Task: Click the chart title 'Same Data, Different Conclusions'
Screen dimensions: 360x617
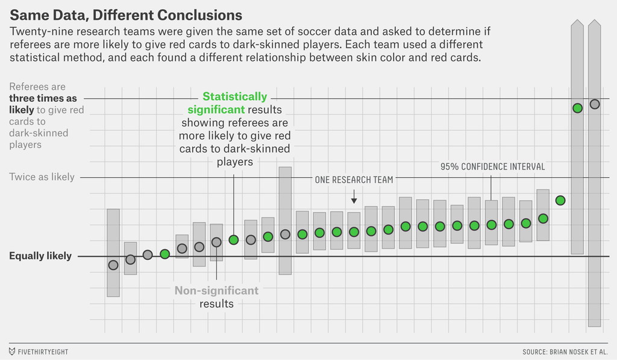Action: pyautogui.click(x=126, y=14)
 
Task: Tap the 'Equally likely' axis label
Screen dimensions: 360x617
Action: pyautogui.click(x=40, y=256)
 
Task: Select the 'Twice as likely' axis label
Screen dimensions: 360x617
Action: pyautogui.click(x=42, y=177)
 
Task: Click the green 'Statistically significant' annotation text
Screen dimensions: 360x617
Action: pyautogui.click(x=234, y=103)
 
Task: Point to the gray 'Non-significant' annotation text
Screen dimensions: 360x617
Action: pyautogui.click(x=216, y=291)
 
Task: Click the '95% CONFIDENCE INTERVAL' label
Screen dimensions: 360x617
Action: pyautogui.click(x=492, y=166)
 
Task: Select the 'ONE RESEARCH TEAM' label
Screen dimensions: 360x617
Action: pyautogui.click(x=354, y=180)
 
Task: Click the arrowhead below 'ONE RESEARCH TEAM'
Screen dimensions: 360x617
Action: pyautogui.click(x=354, y=200)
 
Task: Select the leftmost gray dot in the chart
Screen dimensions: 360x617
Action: pyautogui.click(x=113, y=265)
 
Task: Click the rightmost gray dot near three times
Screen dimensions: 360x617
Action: pyautogui.click(x=595, y=104)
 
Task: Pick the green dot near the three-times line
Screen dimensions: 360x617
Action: pyautogui.click(x=577, y=108)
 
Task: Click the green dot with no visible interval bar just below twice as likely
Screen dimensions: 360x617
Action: pyautogui.click(x=560, y=200)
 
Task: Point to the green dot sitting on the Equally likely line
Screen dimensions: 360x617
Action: pyautogui.click(x=164, y=254)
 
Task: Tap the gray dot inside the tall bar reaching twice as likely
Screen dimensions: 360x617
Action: pyautogui.click(x=285, y=235)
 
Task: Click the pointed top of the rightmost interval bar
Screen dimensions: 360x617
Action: pyautogui.click(x=595, y=24)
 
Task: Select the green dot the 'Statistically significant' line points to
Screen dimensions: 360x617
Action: pyautogui.click(x=234, y=239)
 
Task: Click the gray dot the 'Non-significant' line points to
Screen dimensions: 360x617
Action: pyautogui.click(x=216, y=242)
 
